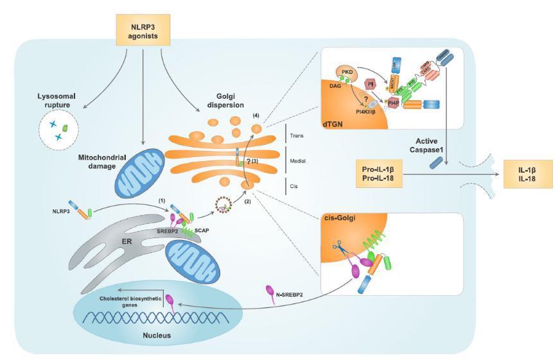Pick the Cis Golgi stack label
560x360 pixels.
(292, 186)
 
